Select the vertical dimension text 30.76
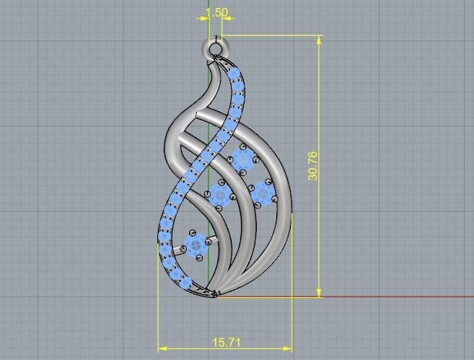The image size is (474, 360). pos(312,165)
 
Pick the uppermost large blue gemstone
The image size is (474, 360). pos(242,157)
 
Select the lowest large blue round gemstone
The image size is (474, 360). pos(195,245)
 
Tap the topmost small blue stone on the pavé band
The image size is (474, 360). pos(233,76)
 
